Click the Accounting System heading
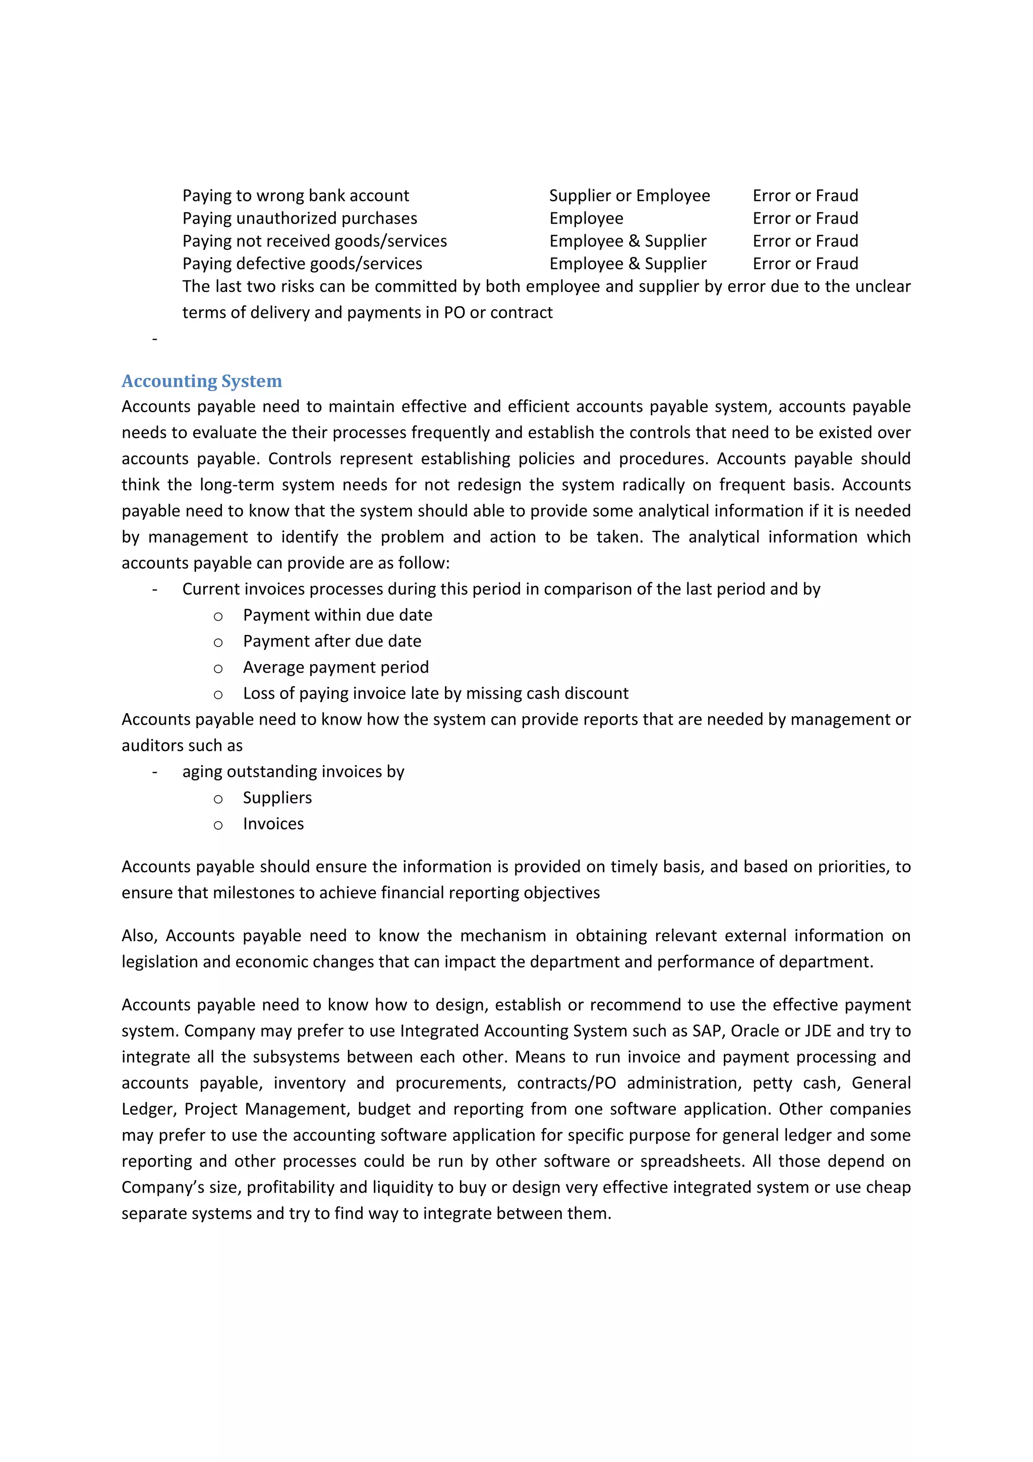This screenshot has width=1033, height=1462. (201, 381)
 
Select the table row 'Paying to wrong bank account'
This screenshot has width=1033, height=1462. (296, 195)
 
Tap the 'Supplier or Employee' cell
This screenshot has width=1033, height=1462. (629, 195)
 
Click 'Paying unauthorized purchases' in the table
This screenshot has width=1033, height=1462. (299, 219)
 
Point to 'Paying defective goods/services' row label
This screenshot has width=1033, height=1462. (302, 263)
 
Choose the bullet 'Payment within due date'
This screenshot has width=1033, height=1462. (337, 615)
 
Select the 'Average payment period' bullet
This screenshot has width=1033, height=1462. (335, 667)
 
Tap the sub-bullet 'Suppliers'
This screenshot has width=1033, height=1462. (277, 798)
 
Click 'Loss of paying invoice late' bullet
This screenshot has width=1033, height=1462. (435, 693)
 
